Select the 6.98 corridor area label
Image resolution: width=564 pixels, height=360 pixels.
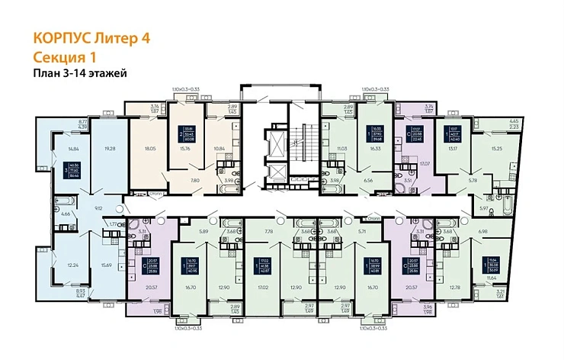click(504, 230)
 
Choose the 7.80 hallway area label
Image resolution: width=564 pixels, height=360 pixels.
click(196, 181)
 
